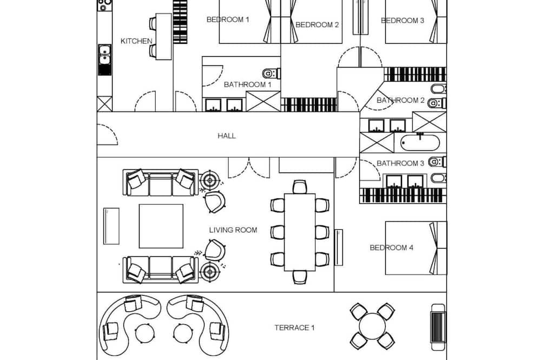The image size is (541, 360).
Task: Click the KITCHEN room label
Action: [136, 41]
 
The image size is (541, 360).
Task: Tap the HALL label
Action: [227, 136]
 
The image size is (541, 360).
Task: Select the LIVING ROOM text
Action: [233, 230]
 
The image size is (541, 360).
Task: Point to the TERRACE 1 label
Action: [294, 328]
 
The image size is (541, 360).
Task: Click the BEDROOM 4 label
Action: [392, 248]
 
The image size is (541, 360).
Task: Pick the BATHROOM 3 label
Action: [400, 163]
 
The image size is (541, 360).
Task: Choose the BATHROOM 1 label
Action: [247, 85]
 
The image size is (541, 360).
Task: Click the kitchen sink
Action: [104, 55]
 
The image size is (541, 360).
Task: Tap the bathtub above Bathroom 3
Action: [420, 143]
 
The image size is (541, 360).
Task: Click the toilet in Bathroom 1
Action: [269, 72]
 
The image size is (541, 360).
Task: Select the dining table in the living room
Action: [299, 232]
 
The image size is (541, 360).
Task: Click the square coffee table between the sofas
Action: [161, 225]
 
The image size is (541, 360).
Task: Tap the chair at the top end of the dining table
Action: [300, 187]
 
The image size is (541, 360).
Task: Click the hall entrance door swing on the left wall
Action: [107, 135]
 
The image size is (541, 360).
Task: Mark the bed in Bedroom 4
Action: [415, 248]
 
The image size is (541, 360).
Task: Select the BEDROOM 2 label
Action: [317, 24]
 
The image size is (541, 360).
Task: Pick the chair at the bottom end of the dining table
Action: [300, 277]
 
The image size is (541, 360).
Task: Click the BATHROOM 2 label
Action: [401, 101]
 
